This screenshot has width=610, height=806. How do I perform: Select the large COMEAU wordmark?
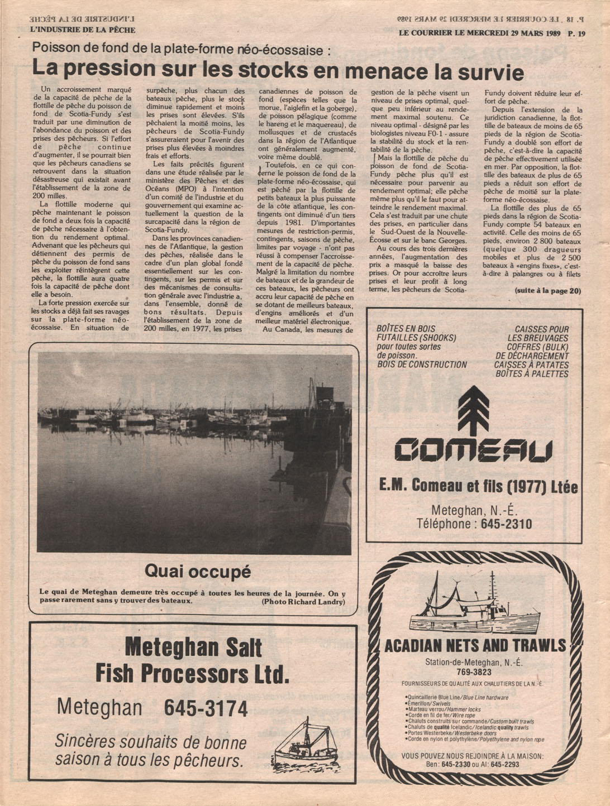[x=473, y=451]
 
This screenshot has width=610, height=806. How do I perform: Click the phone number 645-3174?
[x=206, y=708]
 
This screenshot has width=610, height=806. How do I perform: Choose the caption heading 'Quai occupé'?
[x=198, y=571]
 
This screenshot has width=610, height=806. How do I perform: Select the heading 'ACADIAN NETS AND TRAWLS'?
[x=475, y=646]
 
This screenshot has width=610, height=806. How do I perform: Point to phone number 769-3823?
[x=474, y=672]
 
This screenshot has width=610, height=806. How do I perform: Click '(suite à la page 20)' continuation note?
[x=547, y=290]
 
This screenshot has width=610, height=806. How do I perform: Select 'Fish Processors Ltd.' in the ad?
[x=192, y=674]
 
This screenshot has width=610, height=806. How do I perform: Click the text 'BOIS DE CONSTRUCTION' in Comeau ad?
[x=422, y=364]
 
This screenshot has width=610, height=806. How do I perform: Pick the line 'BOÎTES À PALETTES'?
[x=532, y=373]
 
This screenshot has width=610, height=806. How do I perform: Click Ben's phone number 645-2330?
[x=455, y=764]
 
